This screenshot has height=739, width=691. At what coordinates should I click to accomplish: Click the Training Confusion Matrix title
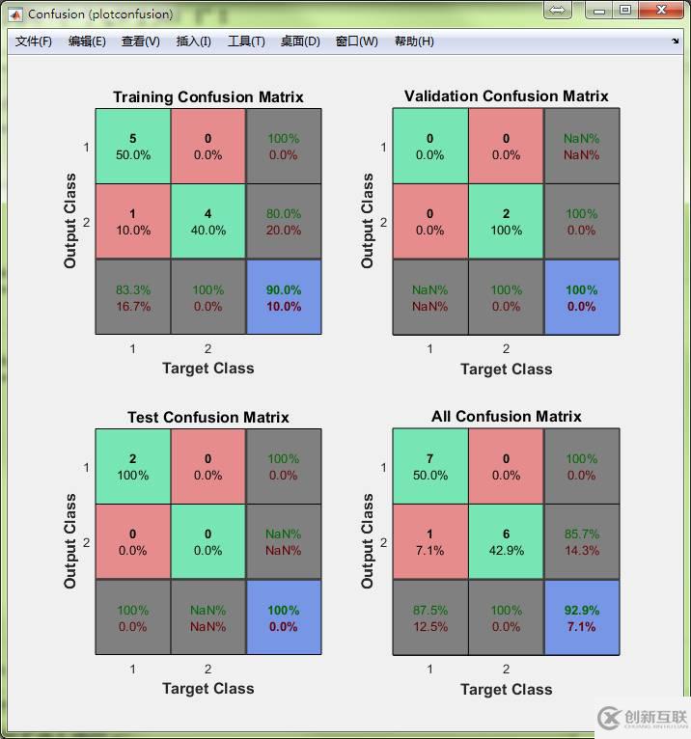pos(207,96)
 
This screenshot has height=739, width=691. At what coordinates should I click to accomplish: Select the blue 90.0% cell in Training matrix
pos(284,297)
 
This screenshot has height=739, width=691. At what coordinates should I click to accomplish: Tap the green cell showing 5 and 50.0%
pos(133,147)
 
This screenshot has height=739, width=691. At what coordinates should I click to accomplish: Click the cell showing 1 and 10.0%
pos(133,222)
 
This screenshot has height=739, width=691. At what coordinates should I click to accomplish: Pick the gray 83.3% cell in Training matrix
pos(133,297)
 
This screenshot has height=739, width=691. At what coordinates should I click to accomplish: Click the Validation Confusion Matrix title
pos(506,96)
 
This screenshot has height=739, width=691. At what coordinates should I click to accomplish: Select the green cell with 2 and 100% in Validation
pos(506,222)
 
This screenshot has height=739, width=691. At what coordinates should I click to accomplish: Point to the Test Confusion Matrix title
pos(207,417)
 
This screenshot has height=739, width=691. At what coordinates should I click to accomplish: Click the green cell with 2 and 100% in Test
pos(133,467)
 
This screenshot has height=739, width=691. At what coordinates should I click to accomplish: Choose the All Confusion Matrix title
pos(506,417)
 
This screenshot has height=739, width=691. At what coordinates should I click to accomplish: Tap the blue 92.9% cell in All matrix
pos(581,617)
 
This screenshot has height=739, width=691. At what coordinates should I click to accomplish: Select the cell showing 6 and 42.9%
pos(506,542)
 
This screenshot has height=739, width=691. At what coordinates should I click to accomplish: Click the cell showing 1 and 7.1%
pos(430,542)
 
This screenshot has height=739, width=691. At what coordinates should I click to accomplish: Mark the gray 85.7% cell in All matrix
pos(581,542)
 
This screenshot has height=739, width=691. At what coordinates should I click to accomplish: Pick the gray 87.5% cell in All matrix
pos(430,617)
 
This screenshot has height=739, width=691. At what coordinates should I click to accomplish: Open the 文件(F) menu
pos(34,41)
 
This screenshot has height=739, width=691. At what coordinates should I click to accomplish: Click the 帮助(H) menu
pos(414,41)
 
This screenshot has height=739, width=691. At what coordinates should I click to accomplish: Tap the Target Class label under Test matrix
pos(207,688)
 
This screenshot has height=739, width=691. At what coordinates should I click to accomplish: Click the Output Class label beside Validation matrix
pos(367,221)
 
